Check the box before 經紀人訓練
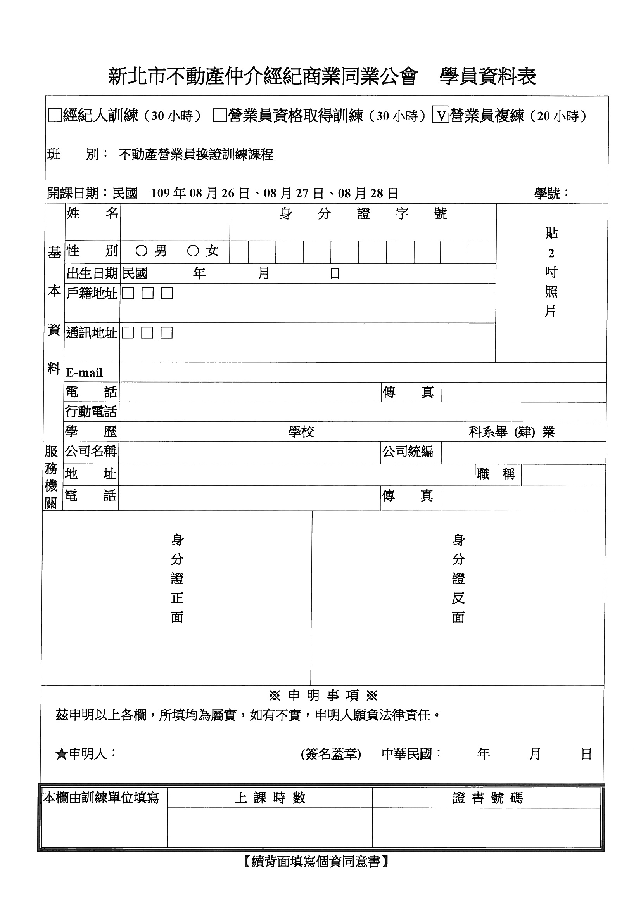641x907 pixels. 55,115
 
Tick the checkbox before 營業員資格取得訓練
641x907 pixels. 219,115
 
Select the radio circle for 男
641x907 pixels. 141,251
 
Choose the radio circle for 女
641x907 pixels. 193,251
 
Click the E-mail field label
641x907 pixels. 84,372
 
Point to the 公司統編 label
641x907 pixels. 408,451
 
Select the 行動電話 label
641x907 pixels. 91,412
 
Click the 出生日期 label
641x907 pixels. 92,273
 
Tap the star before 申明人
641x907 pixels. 61,754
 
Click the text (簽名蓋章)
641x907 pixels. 331,754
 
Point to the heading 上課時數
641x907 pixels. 270,798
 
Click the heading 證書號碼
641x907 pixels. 487,798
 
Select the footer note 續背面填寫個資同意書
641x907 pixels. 316,862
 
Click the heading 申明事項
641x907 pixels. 323,696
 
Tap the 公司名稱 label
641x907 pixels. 91,451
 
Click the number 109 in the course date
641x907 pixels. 160,193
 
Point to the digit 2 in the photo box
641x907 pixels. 551,253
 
